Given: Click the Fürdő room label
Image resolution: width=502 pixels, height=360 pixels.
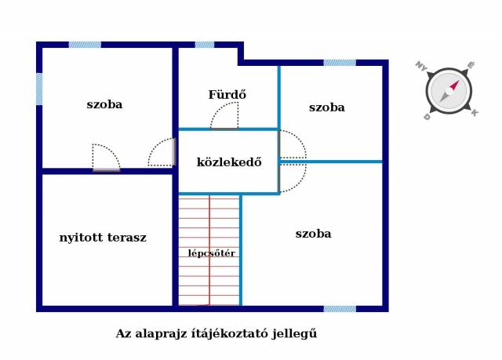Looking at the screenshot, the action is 227,95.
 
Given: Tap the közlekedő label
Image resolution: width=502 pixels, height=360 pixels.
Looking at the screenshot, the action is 229,162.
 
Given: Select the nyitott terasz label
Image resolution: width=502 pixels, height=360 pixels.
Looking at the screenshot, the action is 103,238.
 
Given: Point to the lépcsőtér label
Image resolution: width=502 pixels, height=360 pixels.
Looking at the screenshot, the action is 212,253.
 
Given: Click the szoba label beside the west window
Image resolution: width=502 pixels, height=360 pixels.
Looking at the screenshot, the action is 104,104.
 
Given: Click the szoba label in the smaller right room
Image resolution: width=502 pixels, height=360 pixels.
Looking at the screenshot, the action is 327,107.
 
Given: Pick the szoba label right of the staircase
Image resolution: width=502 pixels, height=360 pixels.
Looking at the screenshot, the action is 313,234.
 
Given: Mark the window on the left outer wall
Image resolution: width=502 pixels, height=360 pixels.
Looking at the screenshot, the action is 39,89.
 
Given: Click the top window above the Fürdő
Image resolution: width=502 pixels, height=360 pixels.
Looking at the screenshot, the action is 205,45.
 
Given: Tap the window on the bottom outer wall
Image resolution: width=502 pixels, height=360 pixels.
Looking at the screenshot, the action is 340,309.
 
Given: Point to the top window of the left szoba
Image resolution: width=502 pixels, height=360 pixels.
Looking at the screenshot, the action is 85,45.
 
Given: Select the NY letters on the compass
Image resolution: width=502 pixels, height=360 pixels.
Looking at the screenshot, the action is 421,66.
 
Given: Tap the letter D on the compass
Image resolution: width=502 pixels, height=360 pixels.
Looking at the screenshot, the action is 427,117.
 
